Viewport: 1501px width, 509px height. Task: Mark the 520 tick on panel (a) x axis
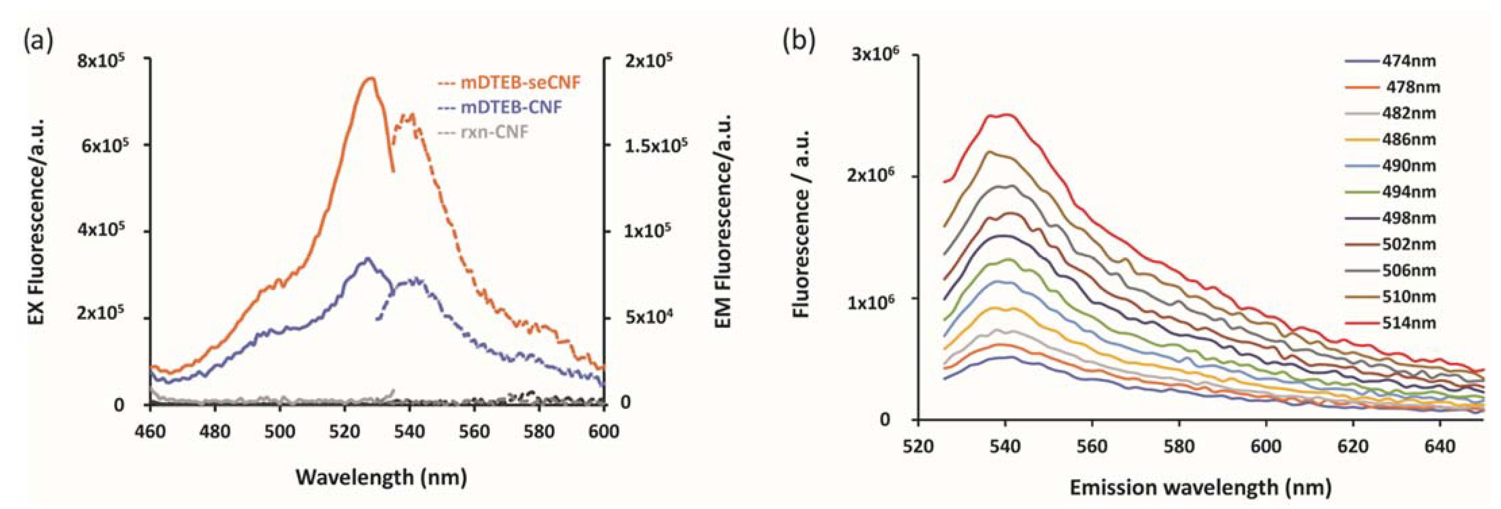coord(345,432)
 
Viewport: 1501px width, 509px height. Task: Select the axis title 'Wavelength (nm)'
coord(381,478)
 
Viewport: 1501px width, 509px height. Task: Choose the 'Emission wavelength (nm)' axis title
coord(1200,487)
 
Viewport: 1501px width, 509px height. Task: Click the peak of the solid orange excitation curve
coord(370,78)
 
